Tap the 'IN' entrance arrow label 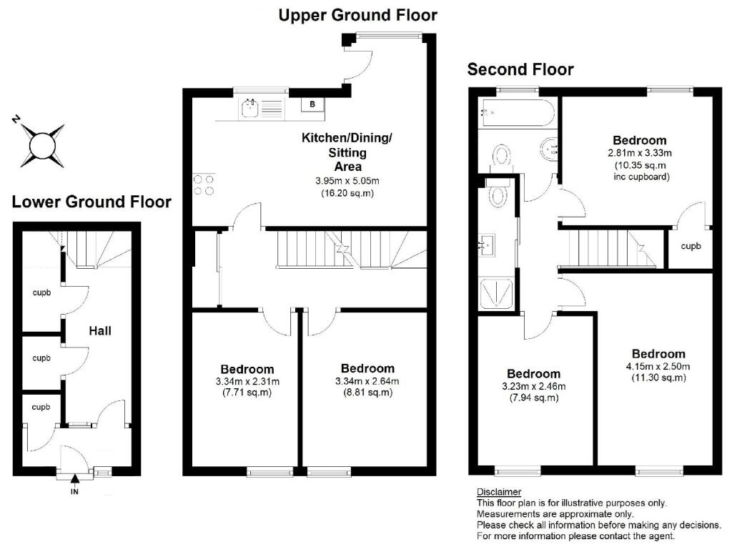coord(74,491)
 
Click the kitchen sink coord(250,109)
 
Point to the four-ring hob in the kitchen coord(202,185)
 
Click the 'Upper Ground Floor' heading coord(357,14)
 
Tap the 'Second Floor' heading coord(520,69)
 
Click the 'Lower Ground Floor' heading coord(91,202)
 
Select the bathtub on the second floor coord(515,112)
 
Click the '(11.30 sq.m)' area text coord(658,378)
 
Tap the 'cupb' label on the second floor coord(691,246)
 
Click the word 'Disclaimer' coord(499,492)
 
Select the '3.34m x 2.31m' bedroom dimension coord(248,380)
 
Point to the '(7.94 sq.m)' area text coord(533,398)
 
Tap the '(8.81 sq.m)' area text coord(367,392)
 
